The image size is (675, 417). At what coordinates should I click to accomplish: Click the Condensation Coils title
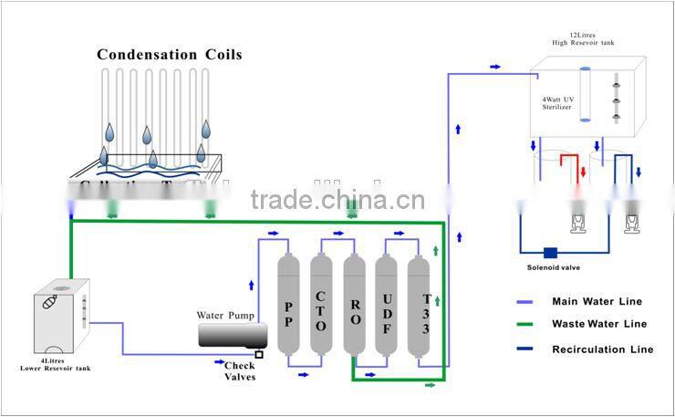pyautogui.click(x=170, y=55)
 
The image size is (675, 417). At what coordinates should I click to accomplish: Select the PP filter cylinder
pyautogui.click(x=289, y=307)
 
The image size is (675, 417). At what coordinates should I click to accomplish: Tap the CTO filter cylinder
pyautogui.click(x=321, y=307)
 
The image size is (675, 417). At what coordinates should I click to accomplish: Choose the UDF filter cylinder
pyautogui.click(x=387, y=307)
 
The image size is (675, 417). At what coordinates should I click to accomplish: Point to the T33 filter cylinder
pyautogui.click(x=419, y=307)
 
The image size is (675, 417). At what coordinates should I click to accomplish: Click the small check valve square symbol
pyautogui.click(x=259, y=354)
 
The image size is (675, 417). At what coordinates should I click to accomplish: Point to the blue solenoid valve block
pyautogui.click(x=550, y=253)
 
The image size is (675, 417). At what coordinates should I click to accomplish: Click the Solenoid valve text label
pyautogui.click(x=553, y=267)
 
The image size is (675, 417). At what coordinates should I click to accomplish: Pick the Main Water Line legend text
pyautogui.click(x=597, y=302)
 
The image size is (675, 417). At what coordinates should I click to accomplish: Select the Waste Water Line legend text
pyautogui.click(x=599, y=324)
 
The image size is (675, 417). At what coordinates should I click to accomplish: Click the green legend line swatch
pyautogui.click(x=526, y=324)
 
